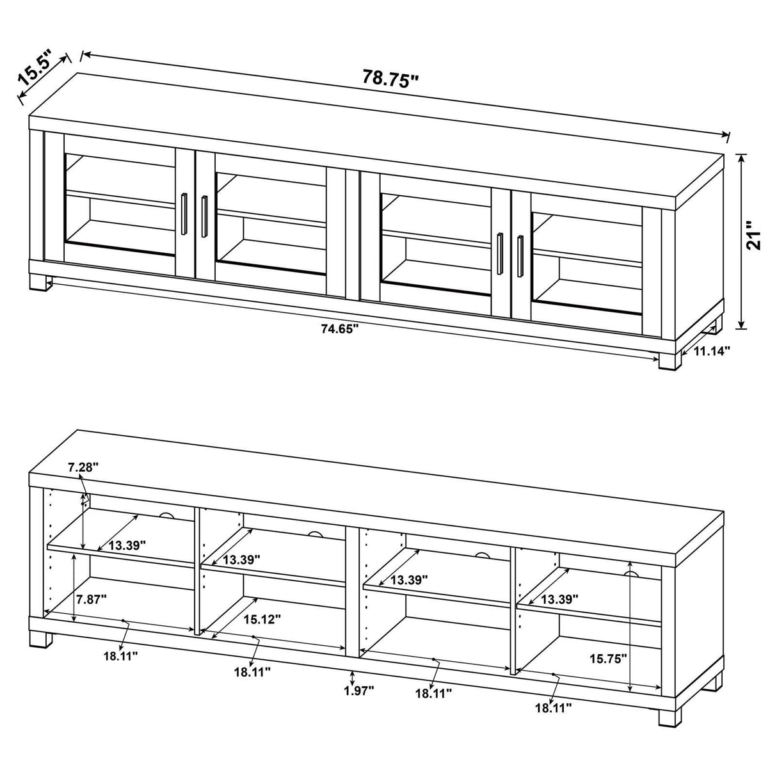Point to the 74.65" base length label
tap(340, 329)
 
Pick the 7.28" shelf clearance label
tap(83, 468)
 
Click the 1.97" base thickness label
tap(358, 690)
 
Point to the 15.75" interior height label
tap(607, 658)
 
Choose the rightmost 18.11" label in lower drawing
tap(553, 707)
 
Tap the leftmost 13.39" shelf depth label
tap(127, 545)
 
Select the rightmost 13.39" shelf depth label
tap(559, 599)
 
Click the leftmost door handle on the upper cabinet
tap(184, 209)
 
